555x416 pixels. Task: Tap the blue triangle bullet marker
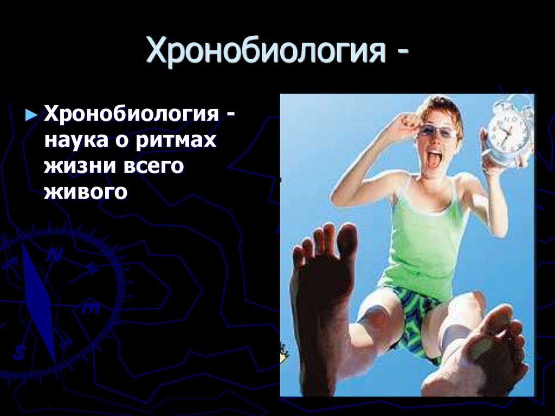32,116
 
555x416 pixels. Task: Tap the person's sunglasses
437,131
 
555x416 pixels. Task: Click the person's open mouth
434,159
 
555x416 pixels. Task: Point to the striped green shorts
414,317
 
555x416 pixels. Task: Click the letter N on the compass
54,255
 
